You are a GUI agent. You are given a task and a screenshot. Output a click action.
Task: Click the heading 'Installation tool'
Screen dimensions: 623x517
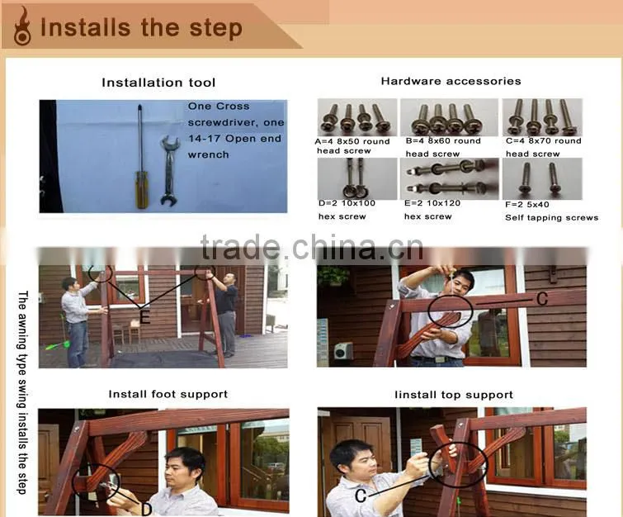(158, 83)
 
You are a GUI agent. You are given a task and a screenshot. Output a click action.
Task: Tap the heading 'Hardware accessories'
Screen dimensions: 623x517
(451, 81)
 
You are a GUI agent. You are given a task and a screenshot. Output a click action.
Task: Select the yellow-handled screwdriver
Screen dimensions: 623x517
(141, 157)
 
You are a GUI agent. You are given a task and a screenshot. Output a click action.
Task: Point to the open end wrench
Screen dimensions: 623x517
(170, 170)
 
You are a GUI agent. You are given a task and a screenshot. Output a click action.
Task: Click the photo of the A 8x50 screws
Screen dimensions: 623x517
(357, 117)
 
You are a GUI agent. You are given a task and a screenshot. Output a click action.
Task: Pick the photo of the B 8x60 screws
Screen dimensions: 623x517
(449, 117)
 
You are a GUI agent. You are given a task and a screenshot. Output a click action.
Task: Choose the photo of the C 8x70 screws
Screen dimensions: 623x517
(542, 117)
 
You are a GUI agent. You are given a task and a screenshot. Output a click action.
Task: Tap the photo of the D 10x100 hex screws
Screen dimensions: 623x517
(357, 178)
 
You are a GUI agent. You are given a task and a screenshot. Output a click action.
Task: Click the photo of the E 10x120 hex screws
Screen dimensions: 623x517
(449, 178)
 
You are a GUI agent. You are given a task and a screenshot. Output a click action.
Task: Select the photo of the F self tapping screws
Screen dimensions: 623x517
(542, 178)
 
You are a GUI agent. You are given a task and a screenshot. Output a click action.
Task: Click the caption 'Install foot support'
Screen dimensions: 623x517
(168, 394)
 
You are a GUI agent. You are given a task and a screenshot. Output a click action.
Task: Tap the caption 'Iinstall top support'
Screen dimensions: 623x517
(454, 395)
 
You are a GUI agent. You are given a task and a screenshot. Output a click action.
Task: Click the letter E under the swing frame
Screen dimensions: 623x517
(144, 317)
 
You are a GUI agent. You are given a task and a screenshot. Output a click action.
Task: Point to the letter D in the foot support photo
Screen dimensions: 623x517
(147, 510)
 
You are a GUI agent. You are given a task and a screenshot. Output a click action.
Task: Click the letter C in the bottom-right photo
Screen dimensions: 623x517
(361, 496)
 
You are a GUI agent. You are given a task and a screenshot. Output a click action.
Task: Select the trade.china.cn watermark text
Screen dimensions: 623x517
(312, 248)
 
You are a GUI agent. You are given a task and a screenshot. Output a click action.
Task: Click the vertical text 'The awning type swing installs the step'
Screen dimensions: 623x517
(22, 392)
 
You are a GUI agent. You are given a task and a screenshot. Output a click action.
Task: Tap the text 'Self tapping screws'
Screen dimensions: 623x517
(551, 217)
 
